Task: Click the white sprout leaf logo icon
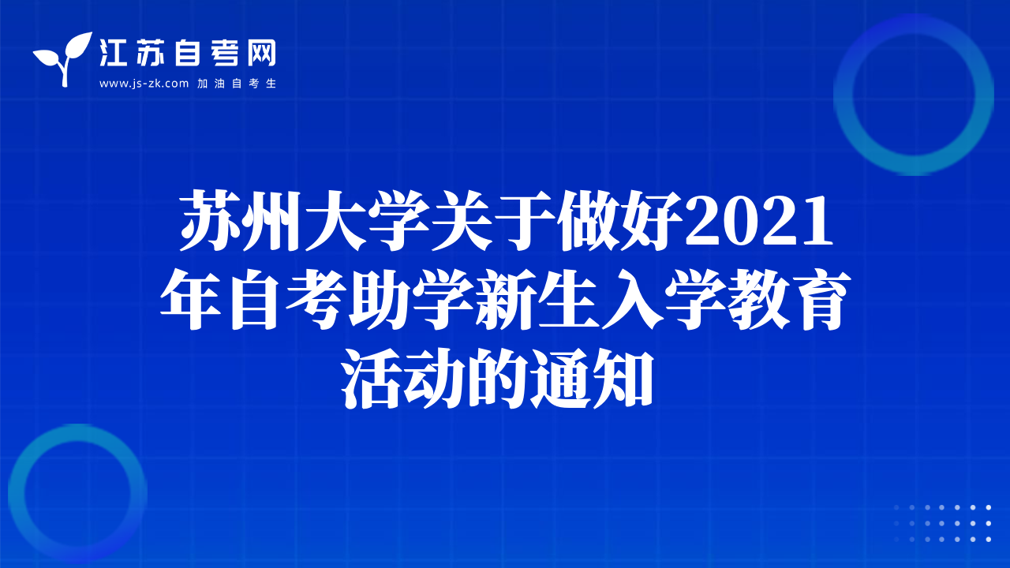(x=62, y=58)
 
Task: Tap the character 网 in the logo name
(x=261, y=53)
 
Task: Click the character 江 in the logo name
(x=113, y=53)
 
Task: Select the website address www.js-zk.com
(x=144, y=84)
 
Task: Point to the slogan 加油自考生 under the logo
(x=237, y=84)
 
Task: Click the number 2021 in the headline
(x=759, y=221)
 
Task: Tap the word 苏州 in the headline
(x=239, y=220)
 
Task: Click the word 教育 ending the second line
(x=790, y=299)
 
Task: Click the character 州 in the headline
(x=271, y=220)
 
